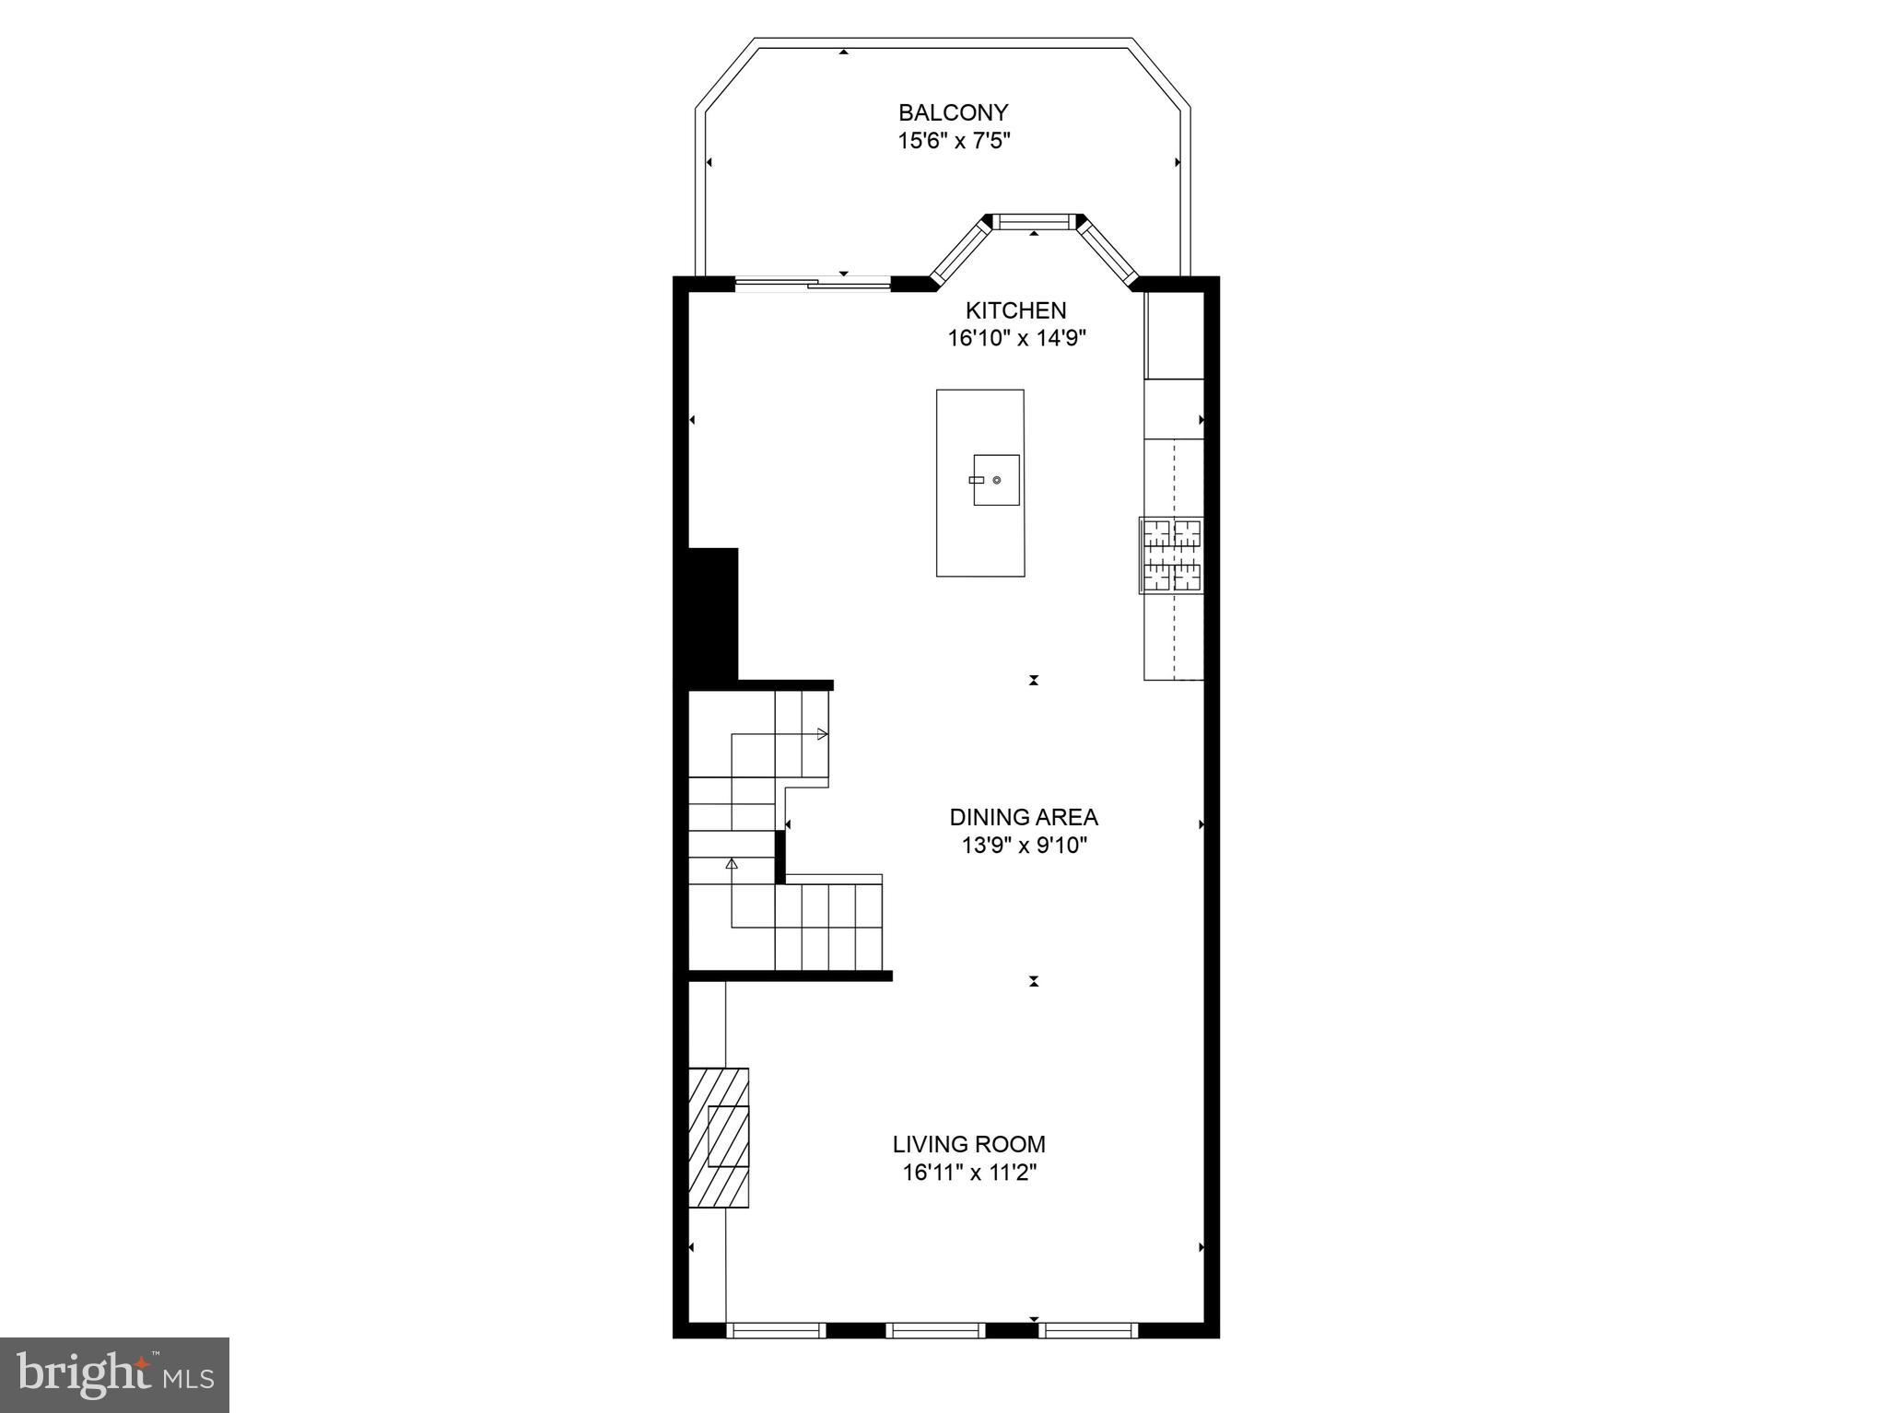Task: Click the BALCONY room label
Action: (953, 112)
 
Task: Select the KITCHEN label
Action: (1015, 310)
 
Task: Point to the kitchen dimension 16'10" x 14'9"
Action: (1016, 338)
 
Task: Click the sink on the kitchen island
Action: (996, 480)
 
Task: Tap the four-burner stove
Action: (1172, 555)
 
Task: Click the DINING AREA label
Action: (1023, 817)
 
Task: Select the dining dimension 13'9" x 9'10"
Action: (1024, 845)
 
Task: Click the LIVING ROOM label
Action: (968, 1144)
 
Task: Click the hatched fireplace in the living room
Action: (719, 1137)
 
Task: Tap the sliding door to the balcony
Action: (813, 284)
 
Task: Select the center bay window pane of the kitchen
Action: (1033, 221)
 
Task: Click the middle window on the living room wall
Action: (934, 1329)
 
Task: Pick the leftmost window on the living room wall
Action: (776, 1329)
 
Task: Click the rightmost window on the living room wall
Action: (1088, 1329)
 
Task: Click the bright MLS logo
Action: (114, 1375)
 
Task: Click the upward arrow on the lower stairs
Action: (732, 864)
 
